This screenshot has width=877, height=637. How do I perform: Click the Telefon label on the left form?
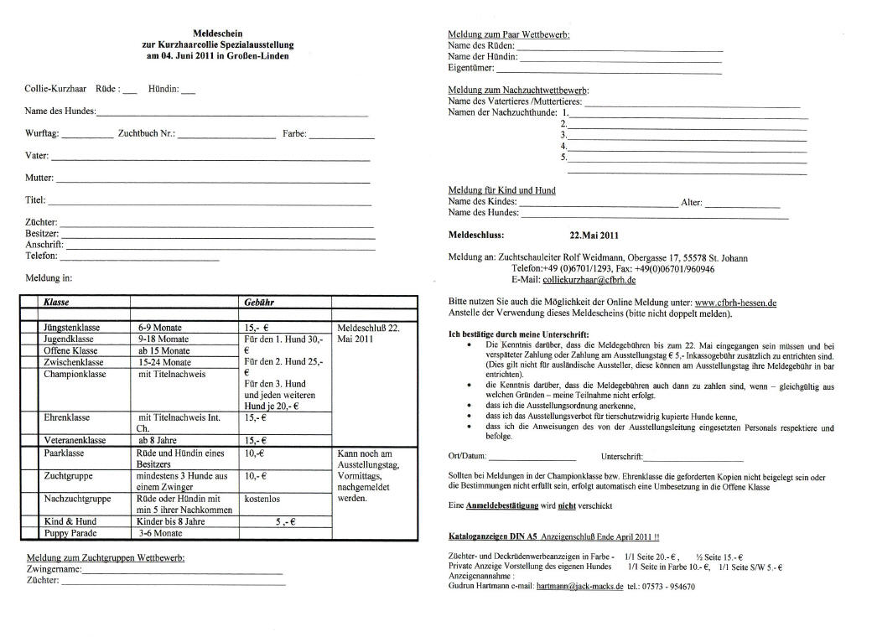[x=41, y=256]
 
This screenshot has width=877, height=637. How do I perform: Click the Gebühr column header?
[x=259, y=300]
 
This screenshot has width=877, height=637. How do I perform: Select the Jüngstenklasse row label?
[x=72, y=327]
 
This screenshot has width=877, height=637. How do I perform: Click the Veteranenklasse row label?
[x=75, y=440]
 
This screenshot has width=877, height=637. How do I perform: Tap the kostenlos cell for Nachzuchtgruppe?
[x=262, y=499]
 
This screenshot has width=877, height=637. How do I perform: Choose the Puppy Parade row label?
[x=71, y=532]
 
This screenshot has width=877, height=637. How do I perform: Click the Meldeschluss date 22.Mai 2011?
[x=594, y=236]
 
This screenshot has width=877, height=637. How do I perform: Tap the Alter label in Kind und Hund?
[x=691, y=202]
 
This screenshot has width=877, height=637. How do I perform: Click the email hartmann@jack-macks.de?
[x=579, y=587]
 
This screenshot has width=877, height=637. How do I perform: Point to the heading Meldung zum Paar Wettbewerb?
[x=509, y=34]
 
